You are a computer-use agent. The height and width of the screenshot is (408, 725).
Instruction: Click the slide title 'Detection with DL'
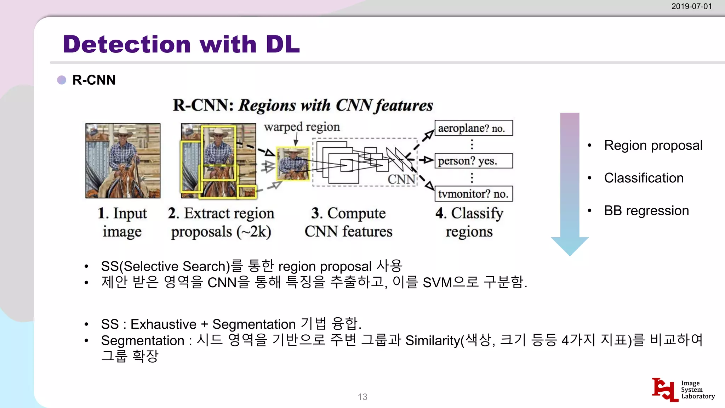(181, 44)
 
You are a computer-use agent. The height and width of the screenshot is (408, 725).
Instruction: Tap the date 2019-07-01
(691, 6)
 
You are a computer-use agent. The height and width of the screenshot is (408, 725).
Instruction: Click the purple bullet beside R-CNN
(62, 80)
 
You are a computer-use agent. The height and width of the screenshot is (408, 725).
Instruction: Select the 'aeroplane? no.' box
(473, 128)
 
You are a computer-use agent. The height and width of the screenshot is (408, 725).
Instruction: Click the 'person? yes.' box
(473, 161)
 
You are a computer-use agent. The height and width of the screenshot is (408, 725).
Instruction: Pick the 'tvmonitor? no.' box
(473, 194)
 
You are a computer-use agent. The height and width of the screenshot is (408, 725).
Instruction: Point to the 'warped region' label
(302, 127)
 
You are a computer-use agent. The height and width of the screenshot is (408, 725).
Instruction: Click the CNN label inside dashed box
(401, 179)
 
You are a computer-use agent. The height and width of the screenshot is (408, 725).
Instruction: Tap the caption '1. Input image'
(122, 222)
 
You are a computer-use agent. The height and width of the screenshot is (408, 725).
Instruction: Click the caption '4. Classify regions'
(469, 222)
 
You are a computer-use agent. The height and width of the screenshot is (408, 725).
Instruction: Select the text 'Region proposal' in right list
(653, 146)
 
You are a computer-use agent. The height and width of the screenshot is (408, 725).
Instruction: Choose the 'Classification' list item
(644, 178)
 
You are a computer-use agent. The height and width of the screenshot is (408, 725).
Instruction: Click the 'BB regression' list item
(646, 211)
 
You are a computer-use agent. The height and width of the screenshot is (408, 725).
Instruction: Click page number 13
(362, 397)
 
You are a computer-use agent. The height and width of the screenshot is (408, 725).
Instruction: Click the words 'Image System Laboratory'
(697, 390)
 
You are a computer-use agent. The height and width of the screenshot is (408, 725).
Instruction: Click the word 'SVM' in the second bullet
(437, 283)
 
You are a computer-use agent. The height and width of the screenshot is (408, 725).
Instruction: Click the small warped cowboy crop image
(293, 164)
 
